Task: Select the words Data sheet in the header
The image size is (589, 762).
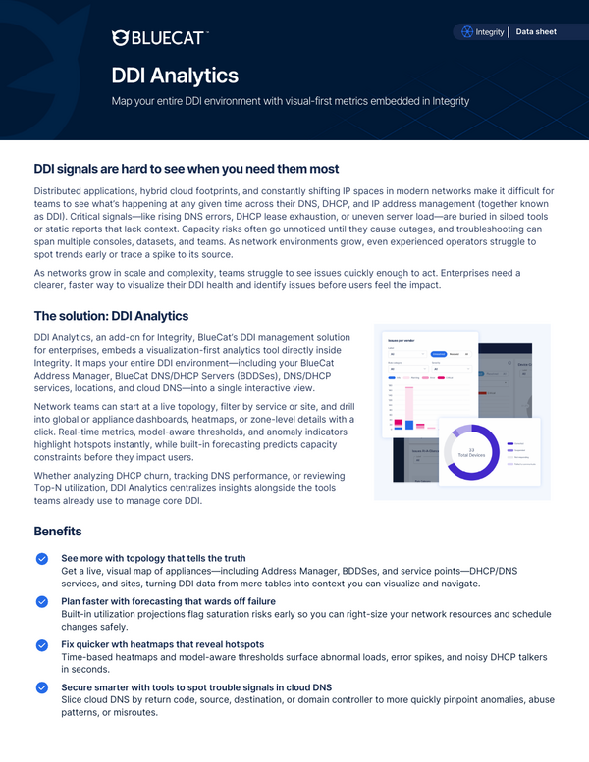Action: pos(536,32)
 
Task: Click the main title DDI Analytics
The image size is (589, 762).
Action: pos(174,76)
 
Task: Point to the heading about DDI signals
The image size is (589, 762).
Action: pos(187,169)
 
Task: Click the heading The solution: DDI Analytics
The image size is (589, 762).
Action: pos(111,316)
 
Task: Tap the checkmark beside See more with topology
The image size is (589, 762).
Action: pos(42,558)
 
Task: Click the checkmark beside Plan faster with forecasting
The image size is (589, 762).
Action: pos(42,601)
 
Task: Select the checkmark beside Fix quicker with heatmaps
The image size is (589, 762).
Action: pos(42,644)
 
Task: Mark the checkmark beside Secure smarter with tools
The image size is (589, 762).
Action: pos(42,687)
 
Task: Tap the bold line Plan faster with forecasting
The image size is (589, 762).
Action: pos(168,601)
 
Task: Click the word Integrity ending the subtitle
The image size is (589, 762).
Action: pos(448,101)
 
